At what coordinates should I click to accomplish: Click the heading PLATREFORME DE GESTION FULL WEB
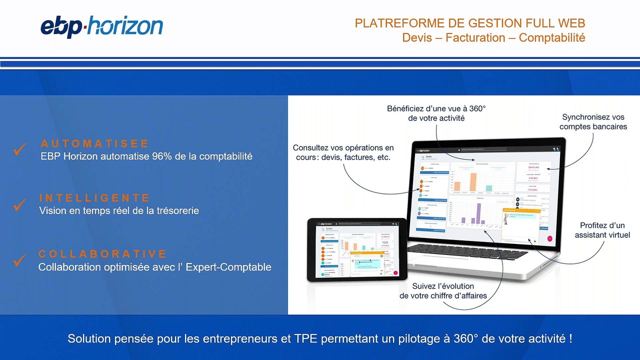[469, 23]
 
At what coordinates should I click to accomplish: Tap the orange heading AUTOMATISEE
[95, 144]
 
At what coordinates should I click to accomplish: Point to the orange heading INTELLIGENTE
[94, 198]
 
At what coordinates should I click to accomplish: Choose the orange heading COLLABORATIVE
[102, 254]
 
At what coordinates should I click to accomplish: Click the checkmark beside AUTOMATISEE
[20, 149]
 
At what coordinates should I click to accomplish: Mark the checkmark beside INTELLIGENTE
[20, 203]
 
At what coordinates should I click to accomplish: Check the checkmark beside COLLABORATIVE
[20, 259]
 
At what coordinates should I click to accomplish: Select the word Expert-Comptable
[228, 267]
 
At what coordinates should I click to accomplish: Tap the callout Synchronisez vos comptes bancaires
[593, 122]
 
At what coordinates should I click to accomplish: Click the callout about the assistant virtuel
[602, 230]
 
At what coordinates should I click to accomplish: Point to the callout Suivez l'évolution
[443, 291]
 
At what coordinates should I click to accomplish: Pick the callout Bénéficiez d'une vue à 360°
[436, 113]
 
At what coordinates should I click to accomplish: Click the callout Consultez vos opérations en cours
[343, 152]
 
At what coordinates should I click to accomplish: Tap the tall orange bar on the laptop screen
[473, 182]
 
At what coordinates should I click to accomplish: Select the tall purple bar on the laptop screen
[478, 213]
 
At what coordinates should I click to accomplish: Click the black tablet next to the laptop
[356, 249]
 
